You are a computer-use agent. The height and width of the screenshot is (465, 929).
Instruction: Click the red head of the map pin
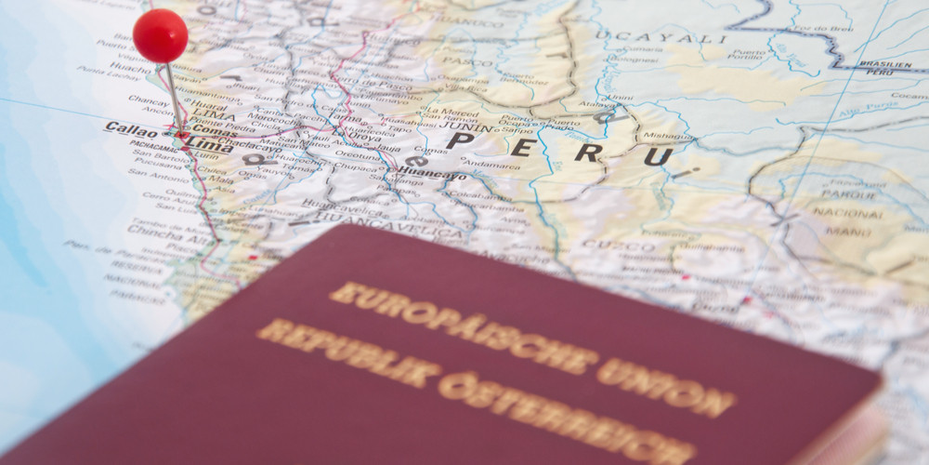pos(160,35)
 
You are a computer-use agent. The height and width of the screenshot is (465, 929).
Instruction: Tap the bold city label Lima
pos(210,144)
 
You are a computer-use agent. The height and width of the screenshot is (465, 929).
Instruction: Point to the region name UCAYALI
pos(661,39)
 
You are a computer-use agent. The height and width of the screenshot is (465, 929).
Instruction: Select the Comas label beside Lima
pos(215,133)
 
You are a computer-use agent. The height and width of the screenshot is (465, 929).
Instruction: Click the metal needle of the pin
pos(174,98)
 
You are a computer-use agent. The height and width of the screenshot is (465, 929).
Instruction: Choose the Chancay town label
pos(149,100)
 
